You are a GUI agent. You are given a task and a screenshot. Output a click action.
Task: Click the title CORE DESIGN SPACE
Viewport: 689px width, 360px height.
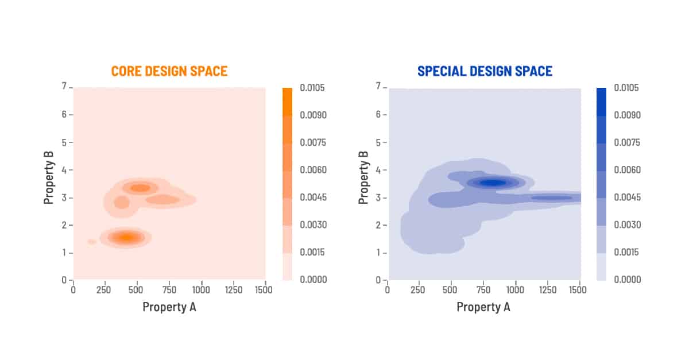[x=169, y=71]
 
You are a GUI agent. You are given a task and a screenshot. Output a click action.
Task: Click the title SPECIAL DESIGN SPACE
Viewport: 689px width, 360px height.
[x=485, y=71]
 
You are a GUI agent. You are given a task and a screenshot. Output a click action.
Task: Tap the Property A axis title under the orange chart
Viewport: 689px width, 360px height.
[x=169, y=307]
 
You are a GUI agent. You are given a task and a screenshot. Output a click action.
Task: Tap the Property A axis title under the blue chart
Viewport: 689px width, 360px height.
[x=483, y=307]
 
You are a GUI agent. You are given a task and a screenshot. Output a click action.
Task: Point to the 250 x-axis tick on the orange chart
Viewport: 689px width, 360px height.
[x=104, y=290]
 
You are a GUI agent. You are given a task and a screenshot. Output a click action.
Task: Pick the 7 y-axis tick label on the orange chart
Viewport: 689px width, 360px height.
[x=65, y=87]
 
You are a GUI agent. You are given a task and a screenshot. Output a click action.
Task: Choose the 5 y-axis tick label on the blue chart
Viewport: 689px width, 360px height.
[x=379, y=142]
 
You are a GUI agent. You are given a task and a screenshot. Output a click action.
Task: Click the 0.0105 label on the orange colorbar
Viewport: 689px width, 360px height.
[x=313, y=88]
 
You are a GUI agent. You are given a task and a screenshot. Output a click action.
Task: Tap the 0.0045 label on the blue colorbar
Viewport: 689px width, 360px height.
[x=627, y=198]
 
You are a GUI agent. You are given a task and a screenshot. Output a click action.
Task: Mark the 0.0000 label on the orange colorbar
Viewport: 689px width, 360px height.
[x=313, y=280]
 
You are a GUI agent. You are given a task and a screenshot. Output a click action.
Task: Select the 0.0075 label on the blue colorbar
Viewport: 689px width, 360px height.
[x=627, y=142]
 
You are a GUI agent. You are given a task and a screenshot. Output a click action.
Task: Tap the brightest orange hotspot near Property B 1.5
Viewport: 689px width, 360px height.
[x=126, y=237]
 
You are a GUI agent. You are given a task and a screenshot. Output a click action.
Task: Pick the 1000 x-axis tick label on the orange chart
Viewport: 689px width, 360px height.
[x=200, y=290]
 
